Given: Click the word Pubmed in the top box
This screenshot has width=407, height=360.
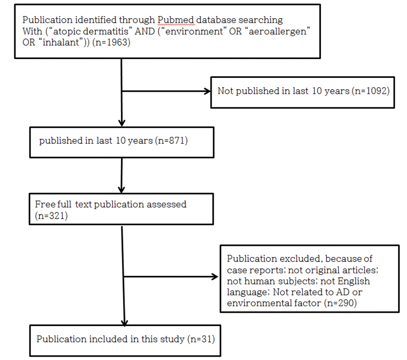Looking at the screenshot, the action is point(176,20).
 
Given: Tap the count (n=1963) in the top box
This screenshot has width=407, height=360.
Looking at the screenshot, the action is point(111,42).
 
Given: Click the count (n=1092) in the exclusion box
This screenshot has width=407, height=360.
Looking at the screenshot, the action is point(371,91).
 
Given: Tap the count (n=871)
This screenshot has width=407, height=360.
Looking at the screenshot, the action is point(171,140).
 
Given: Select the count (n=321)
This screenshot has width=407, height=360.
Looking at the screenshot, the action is point(51,216).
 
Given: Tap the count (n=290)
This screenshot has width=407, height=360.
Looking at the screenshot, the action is point(340,303).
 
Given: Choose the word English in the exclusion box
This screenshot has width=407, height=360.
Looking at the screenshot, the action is point(354,282).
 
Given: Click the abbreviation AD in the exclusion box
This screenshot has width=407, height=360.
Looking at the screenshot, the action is point(343,292).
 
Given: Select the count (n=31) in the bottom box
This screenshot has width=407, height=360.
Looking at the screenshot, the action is point(201,339).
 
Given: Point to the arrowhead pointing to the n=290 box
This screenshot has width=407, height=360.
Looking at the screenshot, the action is point(216,277).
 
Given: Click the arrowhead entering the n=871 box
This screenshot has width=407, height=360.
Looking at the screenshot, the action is point(122,123).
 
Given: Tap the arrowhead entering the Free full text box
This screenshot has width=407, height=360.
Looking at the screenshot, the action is point(122,190).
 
